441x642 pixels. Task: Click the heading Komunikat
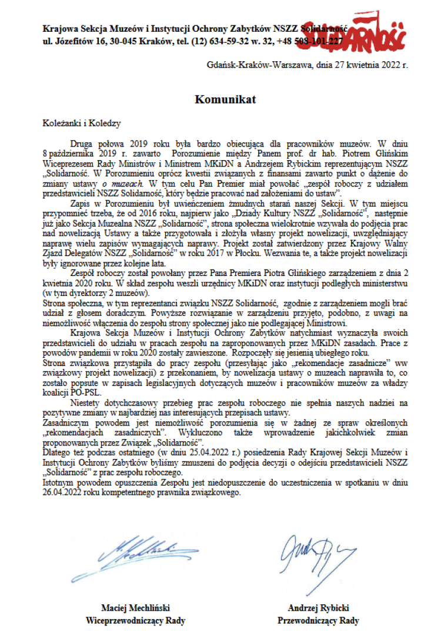225,99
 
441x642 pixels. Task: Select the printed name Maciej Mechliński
136,607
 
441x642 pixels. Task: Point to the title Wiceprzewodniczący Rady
136,620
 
